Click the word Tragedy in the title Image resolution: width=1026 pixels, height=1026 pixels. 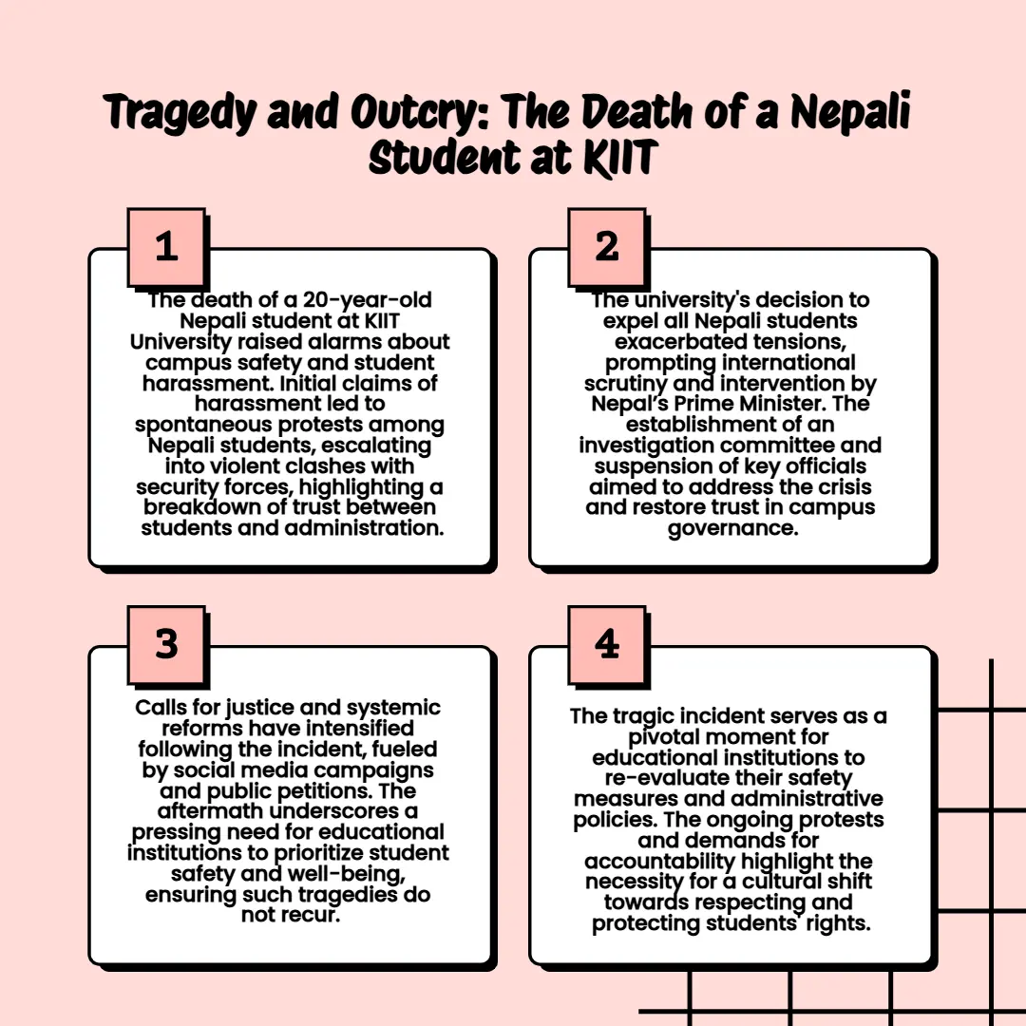[180, 112]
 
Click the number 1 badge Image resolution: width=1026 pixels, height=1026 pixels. [166, 247]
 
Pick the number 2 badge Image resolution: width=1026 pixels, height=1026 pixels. [606, 247]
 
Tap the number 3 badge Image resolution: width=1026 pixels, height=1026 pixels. [166, 644]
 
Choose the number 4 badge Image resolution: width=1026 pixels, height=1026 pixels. [606, 644]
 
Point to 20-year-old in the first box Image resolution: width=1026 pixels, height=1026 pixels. [367, 299]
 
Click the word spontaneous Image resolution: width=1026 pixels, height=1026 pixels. [204, 426]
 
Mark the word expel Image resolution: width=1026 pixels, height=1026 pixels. [631, 321]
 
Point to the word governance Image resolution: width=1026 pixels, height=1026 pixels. [732, 529]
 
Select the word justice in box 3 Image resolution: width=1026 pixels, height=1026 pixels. [259, 708]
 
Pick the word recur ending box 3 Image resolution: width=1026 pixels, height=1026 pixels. [308, 915]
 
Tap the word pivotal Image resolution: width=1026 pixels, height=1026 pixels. [663, 737]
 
